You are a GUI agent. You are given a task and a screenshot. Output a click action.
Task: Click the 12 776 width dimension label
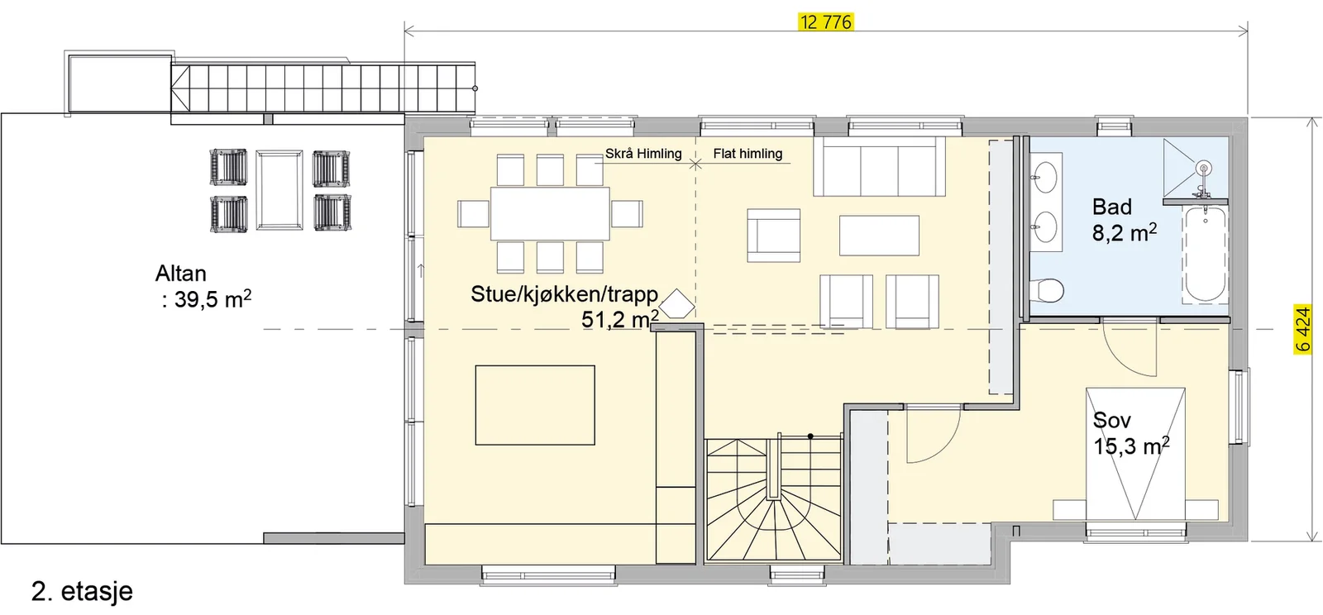pyautogui.click(x=826, y=22)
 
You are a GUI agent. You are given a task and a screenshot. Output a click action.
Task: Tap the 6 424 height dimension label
pyautogui.click(x=1302, y=329)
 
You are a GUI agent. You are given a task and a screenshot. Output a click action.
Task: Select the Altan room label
pyautogui.click(x=181, y=274)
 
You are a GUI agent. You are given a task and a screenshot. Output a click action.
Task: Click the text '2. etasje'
pyautogui.click(x=82, y=591)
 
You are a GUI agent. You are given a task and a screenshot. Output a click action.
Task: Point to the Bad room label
pyautogui.click(x=1112, y=207)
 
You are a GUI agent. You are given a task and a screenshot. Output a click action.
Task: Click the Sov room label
pyautogui.click(x=1112, y=420)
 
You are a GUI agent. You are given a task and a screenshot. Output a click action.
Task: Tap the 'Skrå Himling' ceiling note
pyautogui.click(x=643, y=154)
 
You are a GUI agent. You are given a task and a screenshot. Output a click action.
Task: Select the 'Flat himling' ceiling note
pyautogui.click(x=747, y=154)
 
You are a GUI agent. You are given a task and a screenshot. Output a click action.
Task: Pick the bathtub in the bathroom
pyautogui.click(x=1206, y=254)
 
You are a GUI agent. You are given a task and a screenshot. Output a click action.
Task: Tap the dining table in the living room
pyautogui.click(x=550, y=213)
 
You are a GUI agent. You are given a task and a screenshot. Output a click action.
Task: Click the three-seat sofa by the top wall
pyautogui.click(x=880, y=166)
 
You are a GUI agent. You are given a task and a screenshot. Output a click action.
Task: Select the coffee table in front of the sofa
pyautogui.click(x=880, y=236)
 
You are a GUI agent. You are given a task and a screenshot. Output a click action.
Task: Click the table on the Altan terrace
pyautogui.click(x=279, y=189)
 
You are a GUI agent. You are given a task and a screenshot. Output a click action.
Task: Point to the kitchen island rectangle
pyautogui.click(x=535, y=405)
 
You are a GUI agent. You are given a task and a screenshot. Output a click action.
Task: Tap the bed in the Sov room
pyautogui.click(x=1135, y=454)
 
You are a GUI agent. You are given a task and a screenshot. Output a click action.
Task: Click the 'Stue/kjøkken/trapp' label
pyautogui.click(x=565, y=294)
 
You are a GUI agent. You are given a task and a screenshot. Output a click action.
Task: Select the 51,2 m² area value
pyautogui.click(x=620, y=319)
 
